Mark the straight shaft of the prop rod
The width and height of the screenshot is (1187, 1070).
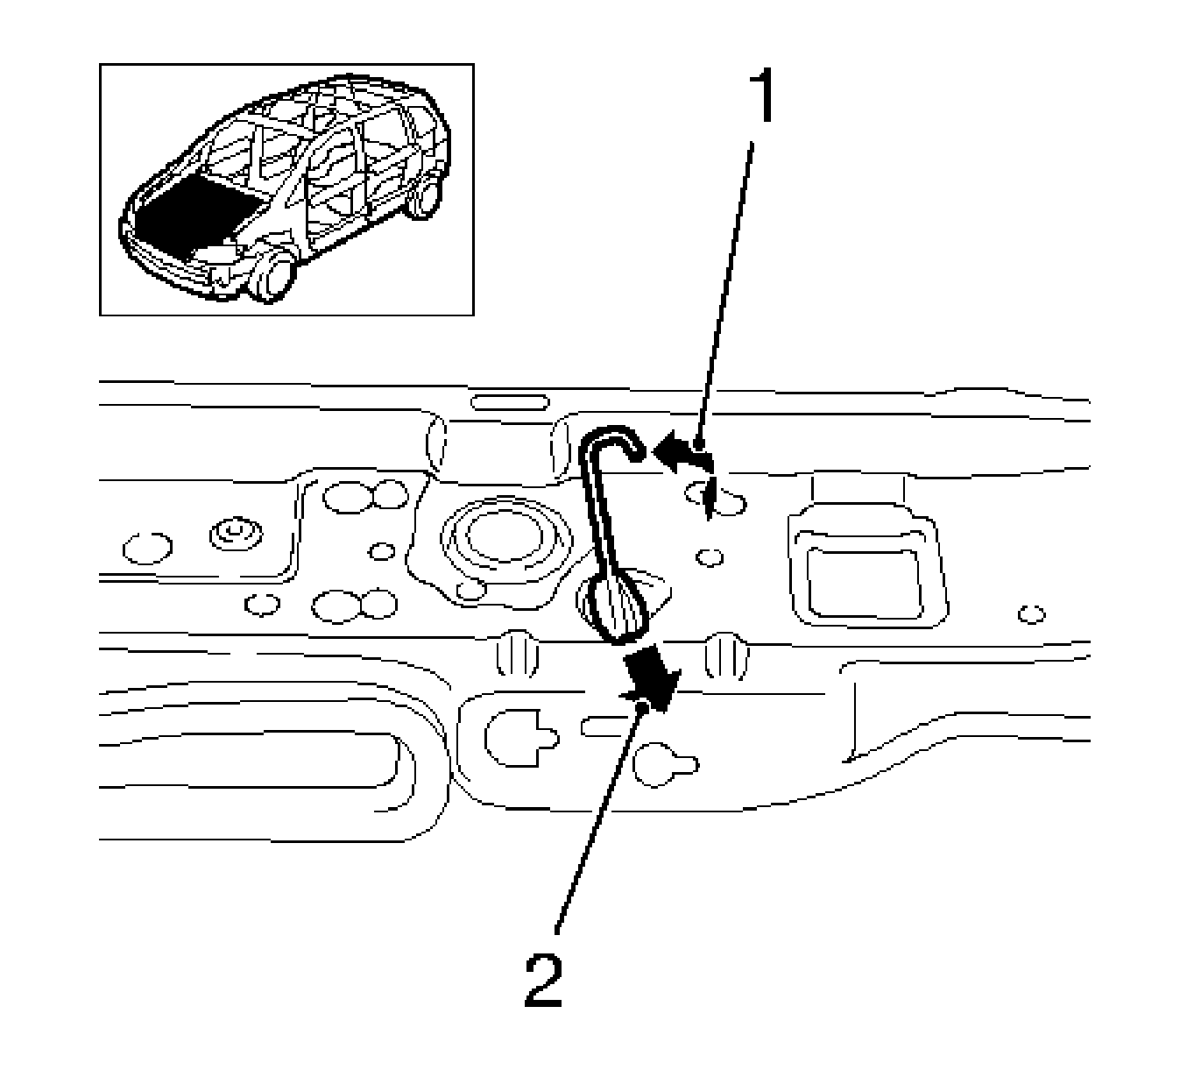pyautogui.click(x=597, y=517)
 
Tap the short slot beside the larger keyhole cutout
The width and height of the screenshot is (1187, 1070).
pyautogui.click(x=604, y=726)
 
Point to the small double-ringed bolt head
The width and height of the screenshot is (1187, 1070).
pyautogui.click(x=233, y=533)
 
